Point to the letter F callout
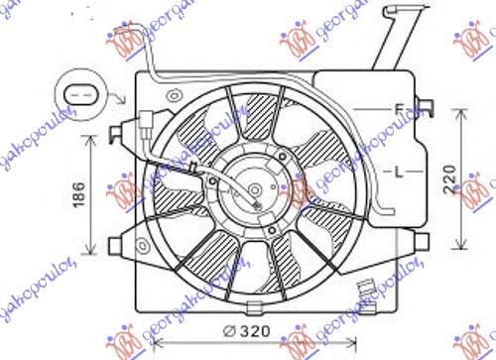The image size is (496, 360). (x=396, y=108)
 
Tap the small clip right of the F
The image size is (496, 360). (x=429, y=108)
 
